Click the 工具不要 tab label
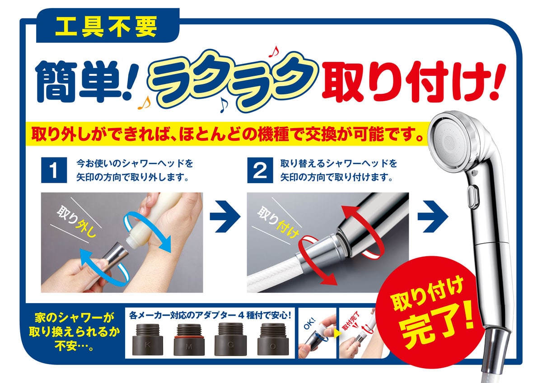(x=106, y=27)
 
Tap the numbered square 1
(x=54, y=170)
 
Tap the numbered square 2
(x=260, y=170)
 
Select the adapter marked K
(x=147, y=340)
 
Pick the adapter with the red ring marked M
(x=189, y=340)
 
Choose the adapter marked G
(x=231, y=339)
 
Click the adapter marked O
(x=273, y=339)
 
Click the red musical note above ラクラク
(x=274, y=51)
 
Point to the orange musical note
(x=144, y=103)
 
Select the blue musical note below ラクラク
(x=224, y=105)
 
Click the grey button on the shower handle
(x=473, y=196)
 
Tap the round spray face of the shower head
(x=449, y=143)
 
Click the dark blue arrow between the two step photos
(x=225, y=216)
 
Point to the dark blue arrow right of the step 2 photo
(x=433, y=216)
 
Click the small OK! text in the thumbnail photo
(x=309, y=323)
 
